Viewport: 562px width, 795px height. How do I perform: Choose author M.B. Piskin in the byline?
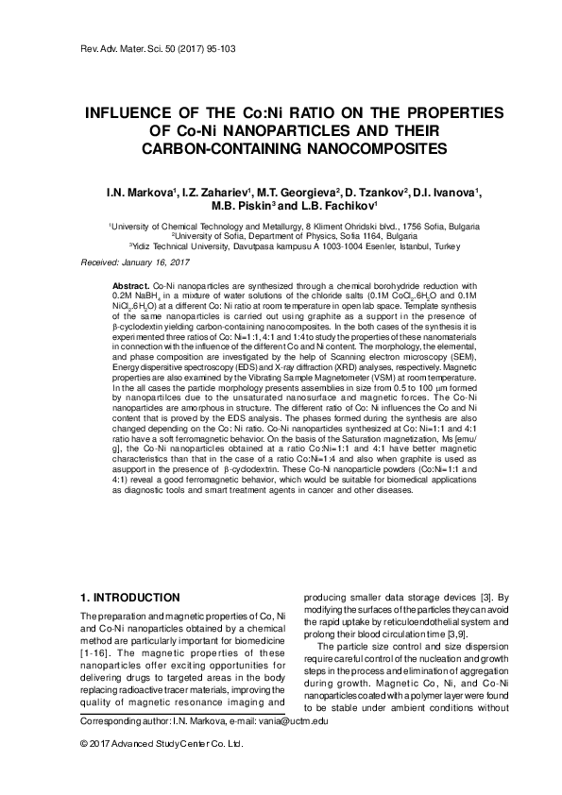coord(247,209)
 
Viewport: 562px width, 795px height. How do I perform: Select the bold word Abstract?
coord(130,284)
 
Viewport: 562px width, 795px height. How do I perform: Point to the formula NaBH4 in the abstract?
coord(145,296)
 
